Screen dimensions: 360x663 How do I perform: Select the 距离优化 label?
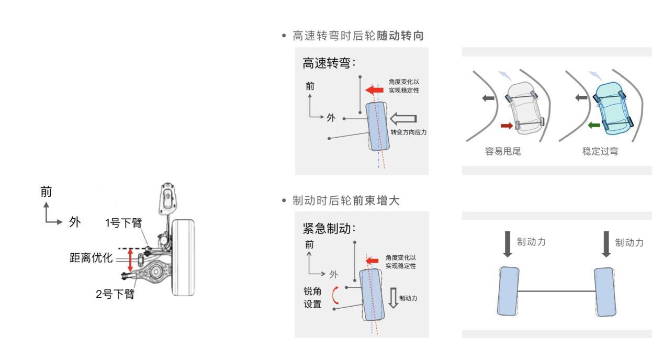point(91,258)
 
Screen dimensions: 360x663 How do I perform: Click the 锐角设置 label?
point(313,296)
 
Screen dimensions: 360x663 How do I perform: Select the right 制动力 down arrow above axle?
point(606,244)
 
